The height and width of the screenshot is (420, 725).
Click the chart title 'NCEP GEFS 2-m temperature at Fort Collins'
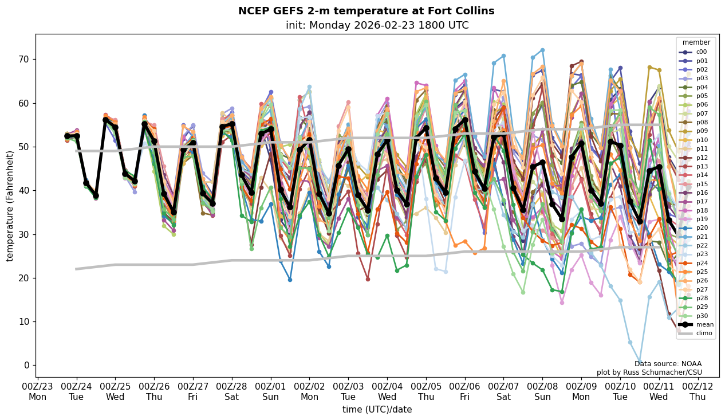point(366,11)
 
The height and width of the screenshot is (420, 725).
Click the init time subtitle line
point(377,25)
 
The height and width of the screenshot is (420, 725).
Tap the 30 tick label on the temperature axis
point(25,234)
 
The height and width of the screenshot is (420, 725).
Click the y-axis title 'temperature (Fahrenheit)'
point(10,206)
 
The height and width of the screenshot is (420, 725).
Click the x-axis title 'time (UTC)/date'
point(377,409)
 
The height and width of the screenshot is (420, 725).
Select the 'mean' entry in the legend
point(704,324)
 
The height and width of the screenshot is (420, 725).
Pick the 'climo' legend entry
point(704,333)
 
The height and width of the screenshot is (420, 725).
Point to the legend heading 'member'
point(696,42)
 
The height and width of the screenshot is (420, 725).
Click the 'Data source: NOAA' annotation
point(668,364)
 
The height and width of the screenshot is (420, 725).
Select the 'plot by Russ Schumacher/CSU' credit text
point(649,372)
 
